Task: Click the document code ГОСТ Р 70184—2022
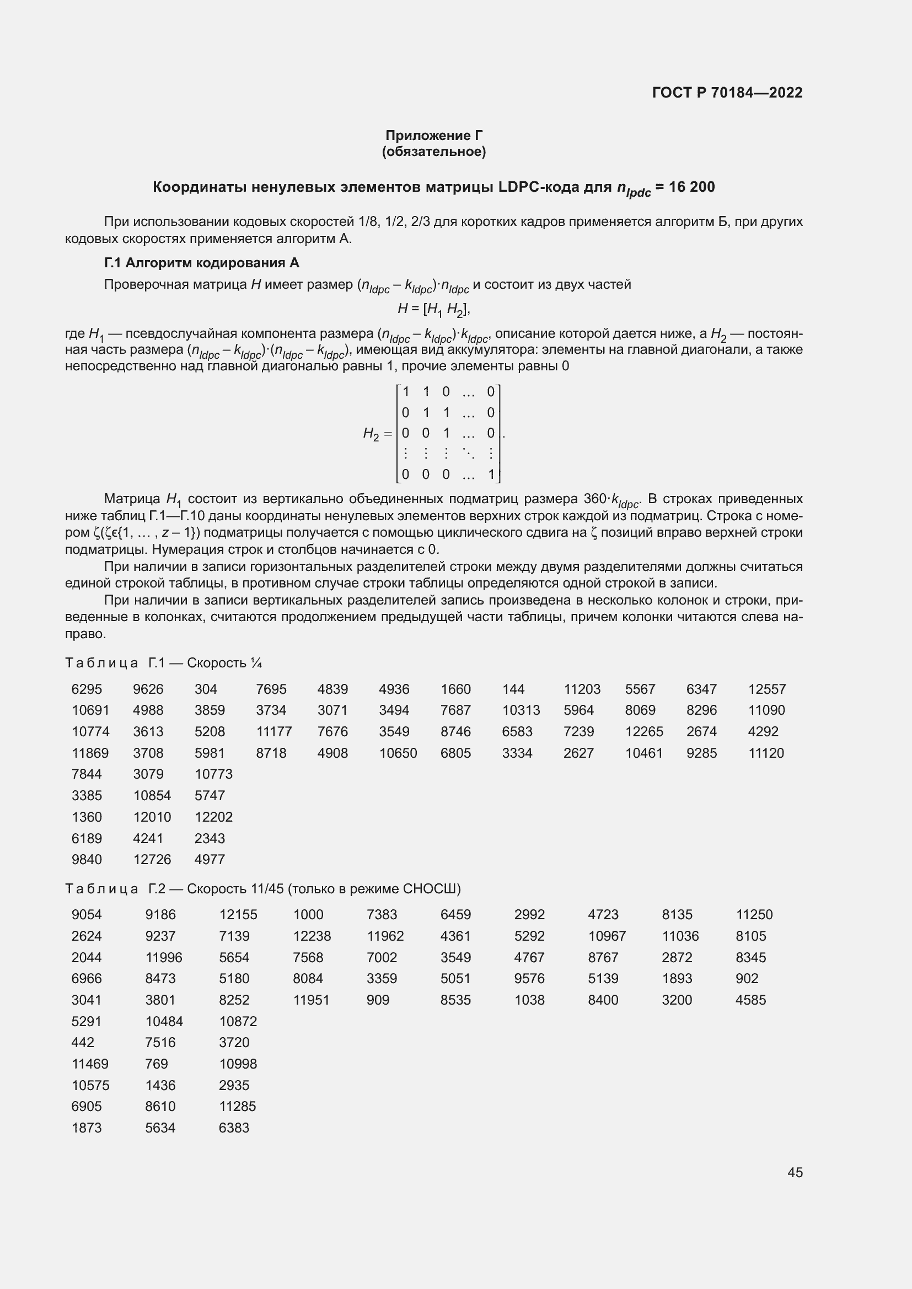click(727, 93)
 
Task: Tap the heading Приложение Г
click(433, 136)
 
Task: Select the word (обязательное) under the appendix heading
click(433, 152)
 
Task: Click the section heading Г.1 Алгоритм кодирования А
click(202, 263)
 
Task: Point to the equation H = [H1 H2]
click(433, 309)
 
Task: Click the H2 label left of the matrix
click(371, 433)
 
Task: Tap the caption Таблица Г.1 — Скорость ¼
click(163, 663)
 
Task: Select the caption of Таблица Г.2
click(263, 889)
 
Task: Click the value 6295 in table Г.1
click(87, 689)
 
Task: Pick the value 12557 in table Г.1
click(766, 689)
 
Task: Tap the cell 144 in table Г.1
click(513, 689)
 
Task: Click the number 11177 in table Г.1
click(273, 731)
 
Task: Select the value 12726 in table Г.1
click(152, 860)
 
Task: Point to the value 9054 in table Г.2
click(87, 915)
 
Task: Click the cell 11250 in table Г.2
click(754, 915)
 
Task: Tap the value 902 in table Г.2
click(747, 979)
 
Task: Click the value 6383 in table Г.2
click(234, 1128)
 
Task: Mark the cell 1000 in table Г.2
click(308, 915)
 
